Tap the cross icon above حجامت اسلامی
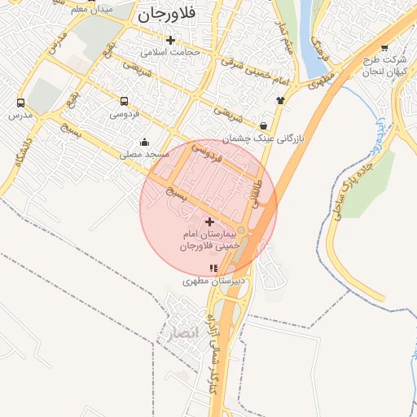[x=170, y=40]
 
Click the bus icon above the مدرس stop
[x=20, y=103]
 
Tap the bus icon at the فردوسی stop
[x=124, y=102]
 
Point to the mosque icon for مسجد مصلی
[x=145, y=142]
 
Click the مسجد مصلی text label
[x=144, y=153]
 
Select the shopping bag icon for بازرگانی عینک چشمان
[x=264, y=125]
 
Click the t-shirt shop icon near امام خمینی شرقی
[x=281, y=100]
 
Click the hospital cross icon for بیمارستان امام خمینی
[x=209, y=222]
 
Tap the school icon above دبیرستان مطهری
[x=213, y=268]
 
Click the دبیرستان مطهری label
[x=213, y=281]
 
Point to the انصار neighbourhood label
[x=180, y=332]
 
